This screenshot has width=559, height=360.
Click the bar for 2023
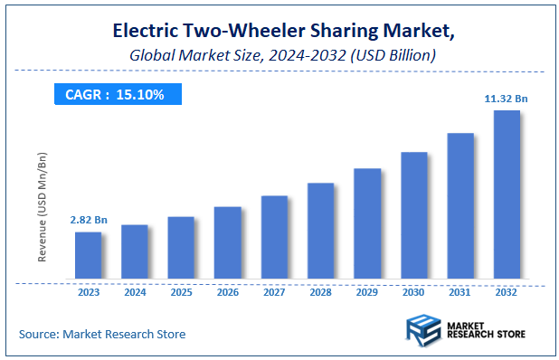[88, 255]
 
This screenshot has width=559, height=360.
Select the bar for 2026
[228, 242]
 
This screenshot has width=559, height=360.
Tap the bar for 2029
[367, 223]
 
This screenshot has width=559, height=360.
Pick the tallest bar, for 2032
[507, 194]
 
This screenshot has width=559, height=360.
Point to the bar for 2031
[460, 205]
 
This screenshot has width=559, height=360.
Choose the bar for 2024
[135, 251]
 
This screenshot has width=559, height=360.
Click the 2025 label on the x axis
[181, 294]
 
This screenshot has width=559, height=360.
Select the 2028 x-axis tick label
[320, 294]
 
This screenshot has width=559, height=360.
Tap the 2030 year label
[413, 294]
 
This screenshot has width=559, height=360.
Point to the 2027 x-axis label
[274, 294]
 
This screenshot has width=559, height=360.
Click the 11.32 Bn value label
[506, 99]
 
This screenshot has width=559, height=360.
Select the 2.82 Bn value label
[88, 220]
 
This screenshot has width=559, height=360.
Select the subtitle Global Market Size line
[279, 55]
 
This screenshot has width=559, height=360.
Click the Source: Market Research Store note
[102, 334]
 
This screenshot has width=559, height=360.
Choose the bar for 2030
[413, 215]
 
